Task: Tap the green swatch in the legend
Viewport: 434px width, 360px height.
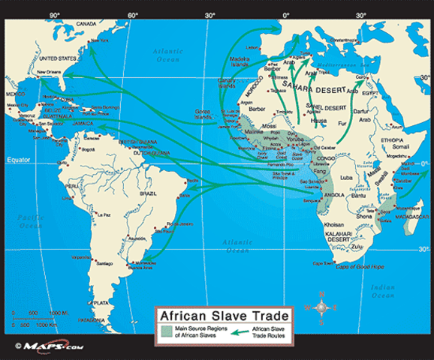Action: (x=167, y=331)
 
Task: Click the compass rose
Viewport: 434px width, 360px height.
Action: (x=321, y=307)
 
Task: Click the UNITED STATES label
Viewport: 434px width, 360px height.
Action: (x=58, y=57)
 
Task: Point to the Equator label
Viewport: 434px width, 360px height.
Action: (x=17, y=160)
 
